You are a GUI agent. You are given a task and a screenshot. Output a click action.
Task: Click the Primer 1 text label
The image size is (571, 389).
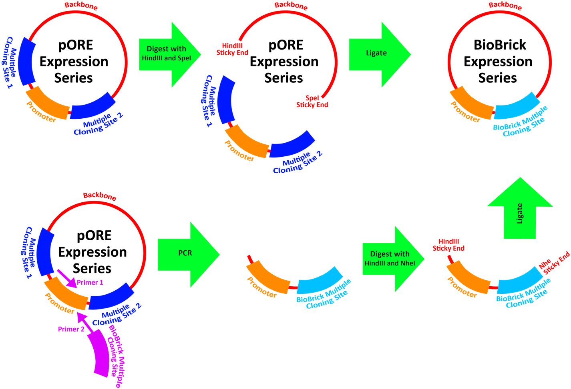point(90,283)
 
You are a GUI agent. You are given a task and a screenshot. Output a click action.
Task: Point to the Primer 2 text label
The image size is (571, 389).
point(71,329)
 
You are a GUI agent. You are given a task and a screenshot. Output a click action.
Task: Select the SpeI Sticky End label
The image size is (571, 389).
point(312,102)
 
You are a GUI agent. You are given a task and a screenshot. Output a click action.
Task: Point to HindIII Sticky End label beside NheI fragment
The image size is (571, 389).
point(448,245)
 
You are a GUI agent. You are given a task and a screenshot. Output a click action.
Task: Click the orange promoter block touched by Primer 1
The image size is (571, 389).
point(66,294)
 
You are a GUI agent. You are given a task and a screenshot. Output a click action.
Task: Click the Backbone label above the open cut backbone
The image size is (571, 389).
point(291,6)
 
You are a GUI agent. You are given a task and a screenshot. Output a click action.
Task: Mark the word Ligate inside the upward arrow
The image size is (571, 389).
point(520,213)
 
